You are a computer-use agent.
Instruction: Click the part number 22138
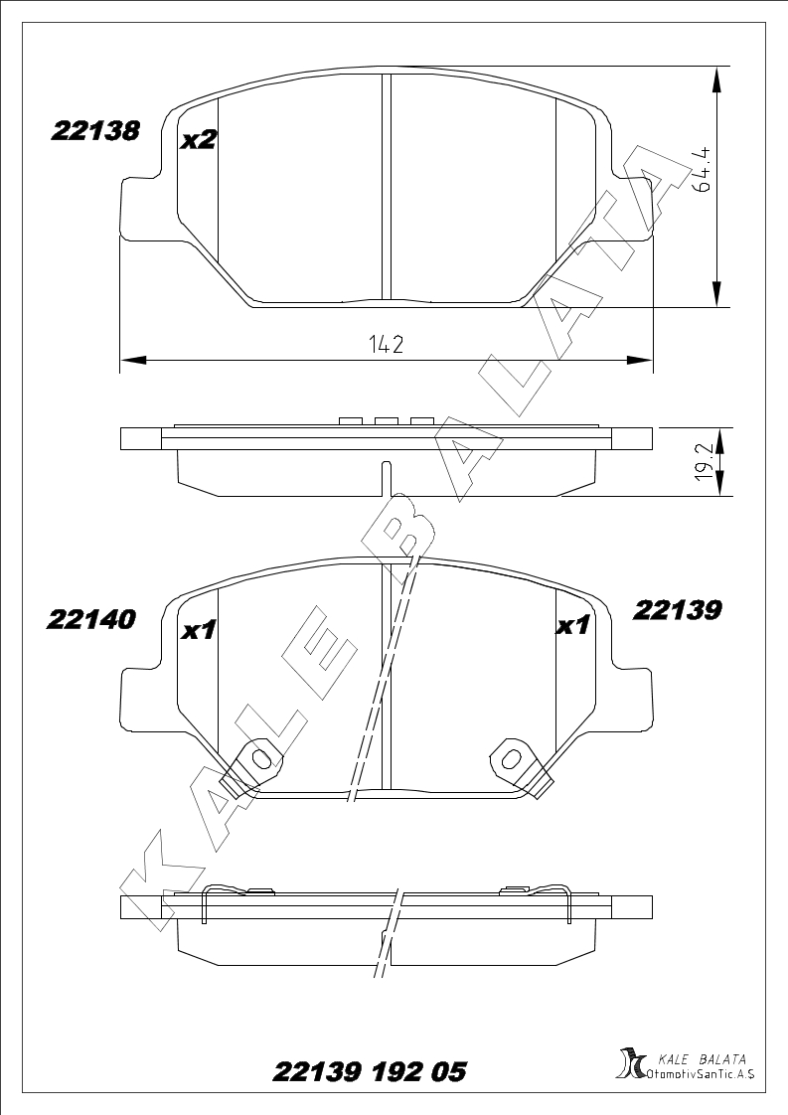pos(94,131)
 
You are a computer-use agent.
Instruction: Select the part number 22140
pos(90,619)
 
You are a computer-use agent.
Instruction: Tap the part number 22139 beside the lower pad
pos(677,609)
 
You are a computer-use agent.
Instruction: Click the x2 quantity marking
pos(198,140)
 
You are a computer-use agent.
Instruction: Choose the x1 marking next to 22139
pos(572,625)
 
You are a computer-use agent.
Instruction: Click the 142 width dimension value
pos(387,345)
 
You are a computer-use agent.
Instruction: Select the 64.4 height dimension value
pos(705,170)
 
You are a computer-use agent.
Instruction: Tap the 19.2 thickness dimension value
pos(705,463)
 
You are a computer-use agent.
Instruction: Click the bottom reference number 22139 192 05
pos(370,1071)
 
